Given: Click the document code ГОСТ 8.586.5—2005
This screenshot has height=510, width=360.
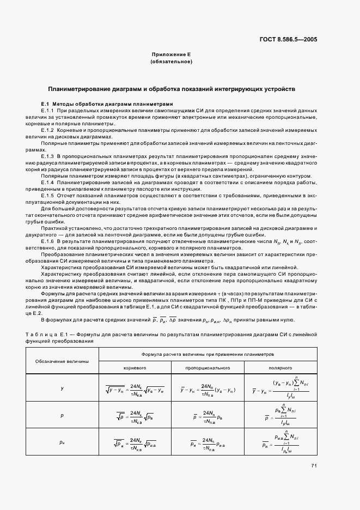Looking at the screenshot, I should coord(288,40).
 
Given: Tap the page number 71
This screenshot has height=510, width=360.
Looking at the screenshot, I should coord(314,465).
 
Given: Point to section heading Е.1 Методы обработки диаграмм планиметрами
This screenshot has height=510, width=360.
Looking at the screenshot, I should coord(107,104).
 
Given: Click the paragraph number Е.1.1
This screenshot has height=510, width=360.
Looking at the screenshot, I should coord(48,110).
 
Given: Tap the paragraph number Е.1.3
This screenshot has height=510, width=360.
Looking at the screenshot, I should coord(48,156).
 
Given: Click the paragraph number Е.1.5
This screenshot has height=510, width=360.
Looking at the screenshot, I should coord(48,195).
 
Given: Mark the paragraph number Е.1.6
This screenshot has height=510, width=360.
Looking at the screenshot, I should coord(48,241).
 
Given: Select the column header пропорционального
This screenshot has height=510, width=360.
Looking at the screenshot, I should coord(208,368).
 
